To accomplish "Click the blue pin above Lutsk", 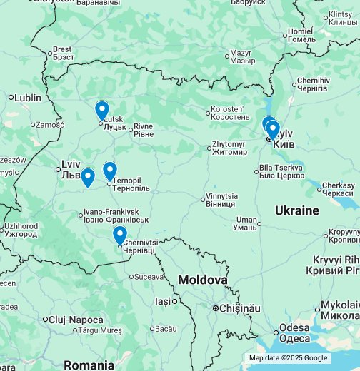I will [102, 110].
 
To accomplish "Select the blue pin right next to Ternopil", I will [109, 171].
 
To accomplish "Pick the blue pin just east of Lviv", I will [87, 176].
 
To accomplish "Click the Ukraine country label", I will [296, 210].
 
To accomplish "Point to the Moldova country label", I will [202, 280].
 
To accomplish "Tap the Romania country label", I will [89, 365].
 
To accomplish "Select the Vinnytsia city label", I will [221, 199].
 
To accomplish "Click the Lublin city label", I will [28, 97].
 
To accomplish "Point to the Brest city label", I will [62, 53].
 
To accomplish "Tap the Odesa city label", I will [294, 332].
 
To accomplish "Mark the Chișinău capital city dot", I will [215, 308].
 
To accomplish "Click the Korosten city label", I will [230, 112].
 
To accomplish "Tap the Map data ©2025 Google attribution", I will [288, 358].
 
